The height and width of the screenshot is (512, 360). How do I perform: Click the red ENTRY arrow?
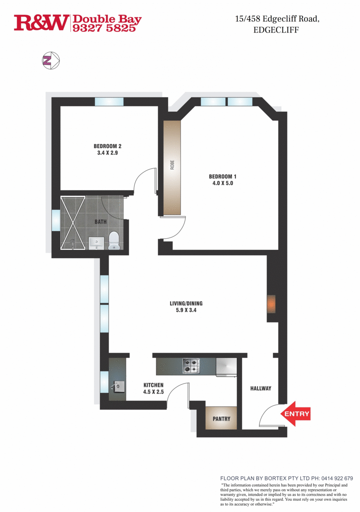coord(295,414)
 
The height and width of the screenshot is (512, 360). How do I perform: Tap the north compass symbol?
coord(50,61)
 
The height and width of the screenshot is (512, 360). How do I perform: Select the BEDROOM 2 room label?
coord(107,146)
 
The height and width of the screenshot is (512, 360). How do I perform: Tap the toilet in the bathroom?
coord(114,240)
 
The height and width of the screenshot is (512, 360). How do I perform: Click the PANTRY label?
coord(221,419)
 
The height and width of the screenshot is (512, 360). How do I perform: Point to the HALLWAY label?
coord(260,388)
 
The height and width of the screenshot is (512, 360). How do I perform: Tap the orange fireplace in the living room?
coord(271,305)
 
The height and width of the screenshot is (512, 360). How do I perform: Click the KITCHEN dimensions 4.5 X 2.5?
coord(154,392)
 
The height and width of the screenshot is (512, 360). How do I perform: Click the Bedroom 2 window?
coord(109,102)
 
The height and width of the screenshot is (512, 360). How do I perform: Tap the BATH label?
coord(100,221)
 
